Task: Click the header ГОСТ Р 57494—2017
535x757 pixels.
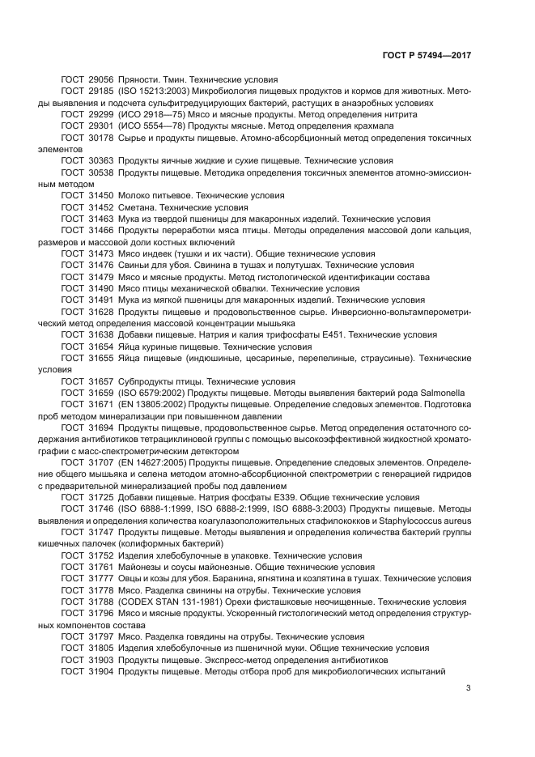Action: (x=427, y=56)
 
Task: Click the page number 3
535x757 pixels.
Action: (x=468, y=688)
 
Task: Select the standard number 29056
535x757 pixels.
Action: (x=101, y=80)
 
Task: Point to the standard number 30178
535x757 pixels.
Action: (x=101, y=138)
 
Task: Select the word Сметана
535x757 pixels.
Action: (x=139, y=207)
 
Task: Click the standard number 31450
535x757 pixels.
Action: (x=101, y=196)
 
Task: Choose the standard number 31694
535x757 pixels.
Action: (x=101, y=427)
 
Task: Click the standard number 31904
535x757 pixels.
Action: (x=101, y=671)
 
